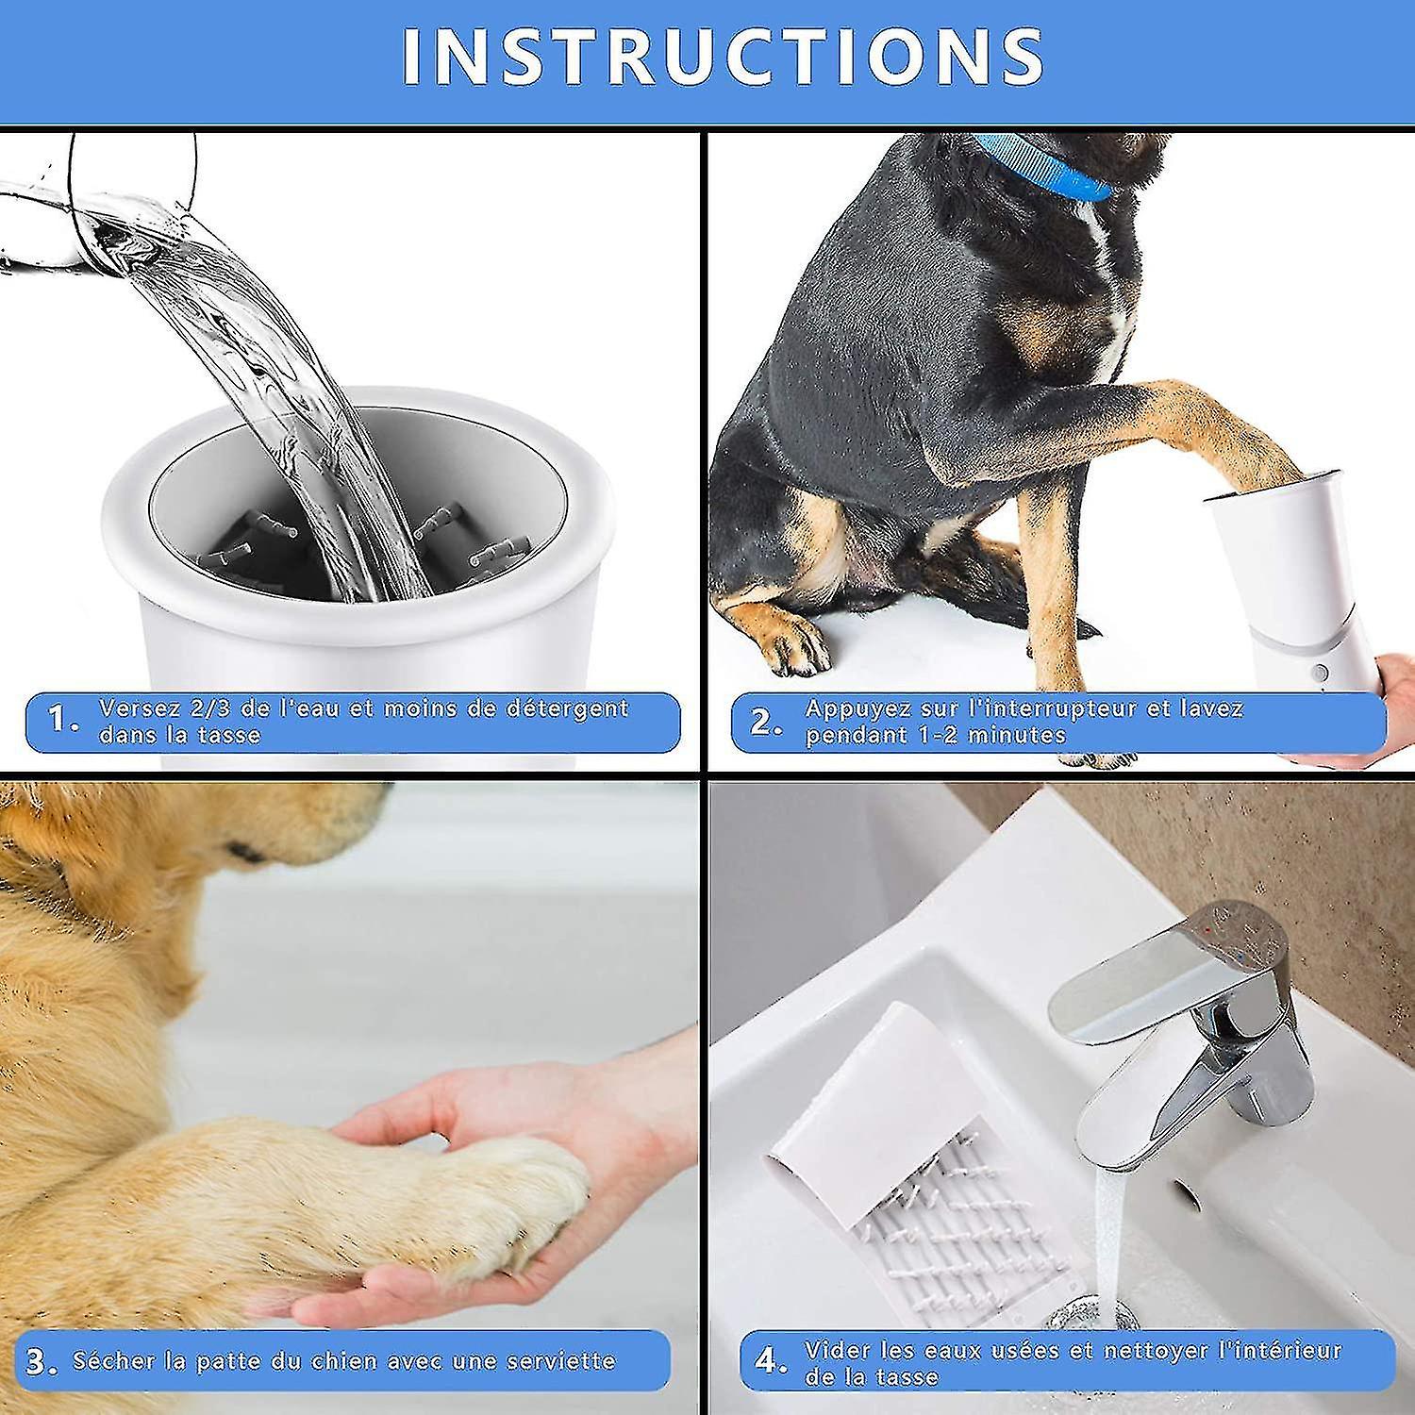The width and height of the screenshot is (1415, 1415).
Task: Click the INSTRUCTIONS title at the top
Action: (722, 57)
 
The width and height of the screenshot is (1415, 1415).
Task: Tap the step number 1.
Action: (62, 722)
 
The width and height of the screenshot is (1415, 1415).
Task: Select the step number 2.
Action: (763, 722)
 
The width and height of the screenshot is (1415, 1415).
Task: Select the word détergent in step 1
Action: (571, 707)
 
